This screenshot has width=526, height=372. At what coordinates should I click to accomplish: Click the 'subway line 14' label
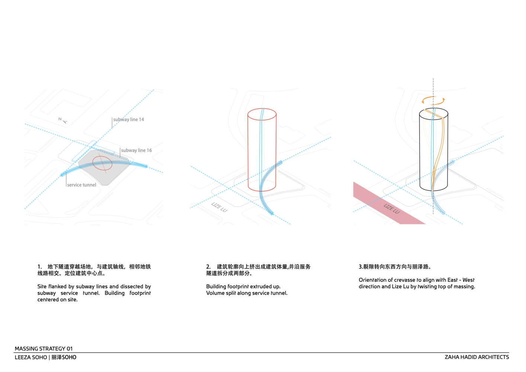coord(128,119)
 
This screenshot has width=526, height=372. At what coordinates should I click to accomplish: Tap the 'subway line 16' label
coord(137,150)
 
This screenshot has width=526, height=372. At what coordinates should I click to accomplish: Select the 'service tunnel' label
coord(81,185)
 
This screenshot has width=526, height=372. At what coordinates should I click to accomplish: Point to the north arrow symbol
coord(63,120)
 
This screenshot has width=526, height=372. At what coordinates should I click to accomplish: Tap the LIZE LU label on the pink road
coord(392,209)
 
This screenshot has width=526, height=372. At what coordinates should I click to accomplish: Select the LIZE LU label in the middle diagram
coord(219,207)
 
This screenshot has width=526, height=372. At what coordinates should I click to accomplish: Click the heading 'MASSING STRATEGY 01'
coord(44,349)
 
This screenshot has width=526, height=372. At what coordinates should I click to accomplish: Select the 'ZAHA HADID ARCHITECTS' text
coord(477,357)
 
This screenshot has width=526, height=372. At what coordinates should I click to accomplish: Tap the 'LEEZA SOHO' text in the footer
coord(31,357)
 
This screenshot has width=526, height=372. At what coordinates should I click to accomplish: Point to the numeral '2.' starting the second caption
coord(208,267)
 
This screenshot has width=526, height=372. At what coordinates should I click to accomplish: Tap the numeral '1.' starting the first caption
coord(39,267)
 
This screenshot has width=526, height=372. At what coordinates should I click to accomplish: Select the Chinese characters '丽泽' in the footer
coord(57,357)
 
